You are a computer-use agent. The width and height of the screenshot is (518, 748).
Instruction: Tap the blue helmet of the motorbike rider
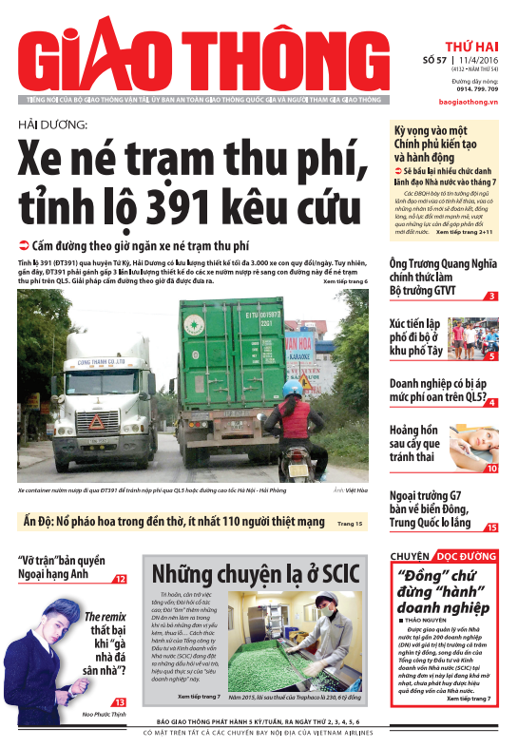[x=292, y=389]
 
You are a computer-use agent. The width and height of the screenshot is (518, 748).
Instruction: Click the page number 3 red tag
[x=492, y=297]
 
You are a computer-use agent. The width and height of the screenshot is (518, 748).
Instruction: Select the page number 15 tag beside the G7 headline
[x=491, y=527]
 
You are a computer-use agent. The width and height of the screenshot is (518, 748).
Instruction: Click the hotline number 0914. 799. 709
[x=472, y=87]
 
